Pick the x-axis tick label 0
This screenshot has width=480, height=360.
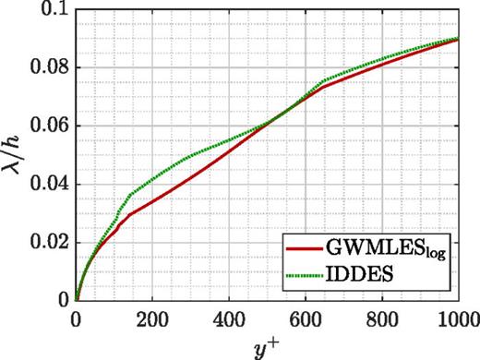(77, 318)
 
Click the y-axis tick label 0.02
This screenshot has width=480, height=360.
(49, 243)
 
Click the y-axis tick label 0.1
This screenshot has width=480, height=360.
(54, 10)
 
